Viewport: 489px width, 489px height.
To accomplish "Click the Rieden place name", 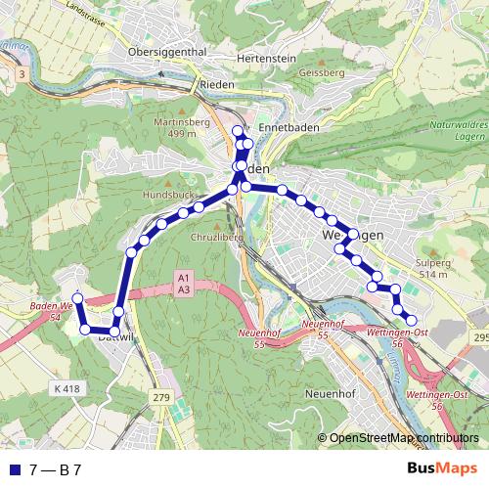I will point(216,85).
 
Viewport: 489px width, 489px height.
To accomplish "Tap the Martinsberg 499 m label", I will point(171,126).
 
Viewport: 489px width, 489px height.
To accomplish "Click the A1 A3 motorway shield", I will point(183,283).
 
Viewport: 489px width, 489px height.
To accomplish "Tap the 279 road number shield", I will point(161,396).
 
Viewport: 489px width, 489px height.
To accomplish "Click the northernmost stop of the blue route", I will point(237,130).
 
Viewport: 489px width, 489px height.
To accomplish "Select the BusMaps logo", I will point(444,469).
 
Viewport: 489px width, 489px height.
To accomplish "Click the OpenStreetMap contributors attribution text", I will point(404,439).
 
